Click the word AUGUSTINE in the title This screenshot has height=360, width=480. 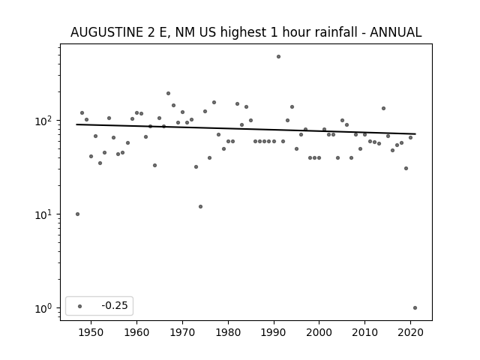[106, 32]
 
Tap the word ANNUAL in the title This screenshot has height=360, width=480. [395, 32]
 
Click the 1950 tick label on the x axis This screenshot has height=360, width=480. [91, 332]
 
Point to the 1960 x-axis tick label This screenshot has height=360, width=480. [136, 332]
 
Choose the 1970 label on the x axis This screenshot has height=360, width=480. [182, 332]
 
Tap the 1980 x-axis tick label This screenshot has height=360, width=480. [228, 332]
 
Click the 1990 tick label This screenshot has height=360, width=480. [274, 332]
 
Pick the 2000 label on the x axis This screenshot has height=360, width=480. [319, 332]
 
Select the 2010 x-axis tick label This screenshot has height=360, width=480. [365, 332]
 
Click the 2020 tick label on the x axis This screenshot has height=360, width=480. [410, 332]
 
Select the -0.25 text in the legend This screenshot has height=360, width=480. [115, 305]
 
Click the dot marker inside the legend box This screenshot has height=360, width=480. [80, 306]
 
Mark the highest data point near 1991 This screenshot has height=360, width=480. [278, 57]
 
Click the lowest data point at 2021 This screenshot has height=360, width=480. [415, 308]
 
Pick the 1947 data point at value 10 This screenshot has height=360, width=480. [77, 214]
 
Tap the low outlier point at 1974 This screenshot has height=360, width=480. [200, 207]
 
